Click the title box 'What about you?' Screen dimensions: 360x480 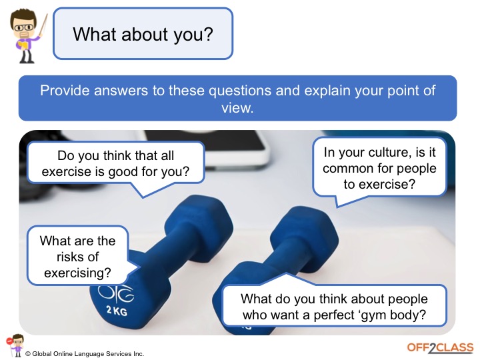point(143,33)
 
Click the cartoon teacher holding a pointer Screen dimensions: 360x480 point(26,37)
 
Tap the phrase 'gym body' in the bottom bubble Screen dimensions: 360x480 point(404,315)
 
